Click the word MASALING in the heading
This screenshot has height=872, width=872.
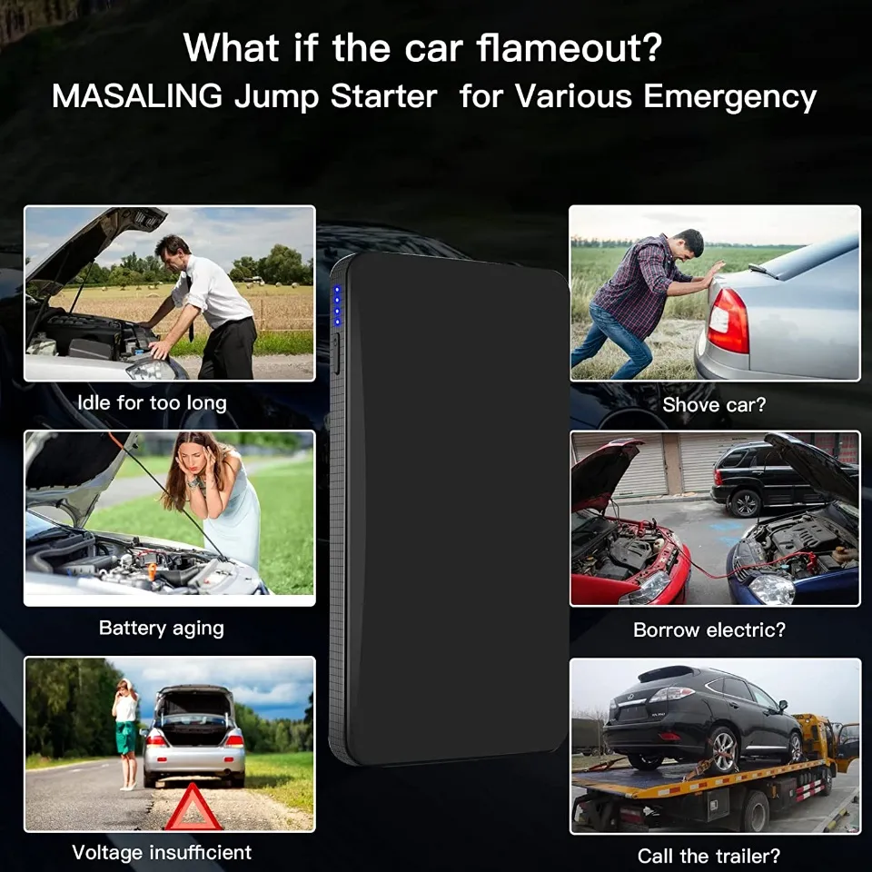[x=137, y=96]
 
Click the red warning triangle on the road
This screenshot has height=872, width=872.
[x=193, y=808]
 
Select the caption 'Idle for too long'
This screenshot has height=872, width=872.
[x=152, y=402]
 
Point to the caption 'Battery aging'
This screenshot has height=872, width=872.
[x=161, y=628]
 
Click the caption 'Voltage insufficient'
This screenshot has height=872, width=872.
[x=162, y=852]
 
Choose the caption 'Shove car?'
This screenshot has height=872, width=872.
[x=714, y=405]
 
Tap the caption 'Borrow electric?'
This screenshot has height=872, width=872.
[x=709, y=629]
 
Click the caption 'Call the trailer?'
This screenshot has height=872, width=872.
[x=708, y=856]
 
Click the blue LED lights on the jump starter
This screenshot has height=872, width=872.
[x=336, y=306]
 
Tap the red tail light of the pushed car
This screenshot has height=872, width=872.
[x=728, y=321]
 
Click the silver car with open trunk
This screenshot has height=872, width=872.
[x=193, y=738]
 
